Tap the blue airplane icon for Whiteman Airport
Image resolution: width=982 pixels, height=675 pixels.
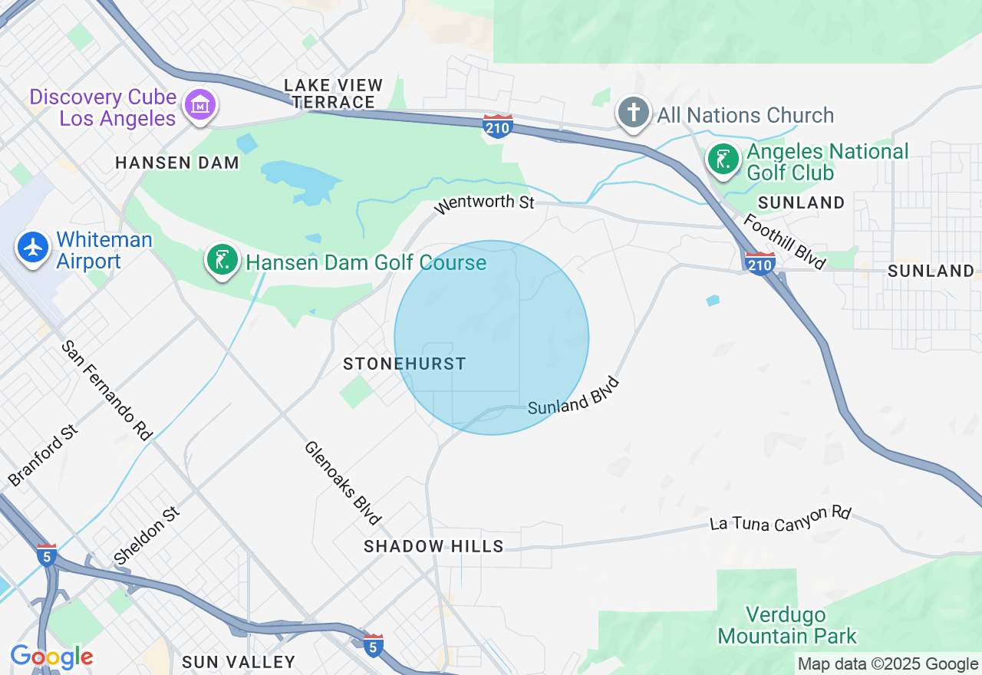pos(33,247)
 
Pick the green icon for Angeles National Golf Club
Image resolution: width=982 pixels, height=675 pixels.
pos(723,160)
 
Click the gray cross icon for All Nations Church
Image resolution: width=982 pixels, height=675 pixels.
pos(633,114)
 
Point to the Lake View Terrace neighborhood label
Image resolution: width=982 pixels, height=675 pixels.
pos(333,93)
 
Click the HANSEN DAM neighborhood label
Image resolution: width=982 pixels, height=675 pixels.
pos(177,163)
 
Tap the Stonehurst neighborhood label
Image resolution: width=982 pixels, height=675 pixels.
pos(404,364)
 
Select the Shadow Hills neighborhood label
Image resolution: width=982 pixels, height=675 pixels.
pos(433,546)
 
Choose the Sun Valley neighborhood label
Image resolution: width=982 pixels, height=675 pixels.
pos(239,662)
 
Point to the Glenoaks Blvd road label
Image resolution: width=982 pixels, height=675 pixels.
pos(342,482)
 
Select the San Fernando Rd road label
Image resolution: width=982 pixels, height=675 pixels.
pos(107,390)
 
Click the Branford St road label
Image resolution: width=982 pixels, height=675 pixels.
pos(44,456)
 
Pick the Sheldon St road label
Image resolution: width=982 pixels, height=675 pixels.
pos(146,534)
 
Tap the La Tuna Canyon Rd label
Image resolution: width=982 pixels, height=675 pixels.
pos(780,519)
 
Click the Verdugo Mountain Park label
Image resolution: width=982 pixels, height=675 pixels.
pos(787,625)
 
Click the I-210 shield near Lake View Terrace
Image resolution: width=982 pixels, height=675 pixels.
pos(498,126)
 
